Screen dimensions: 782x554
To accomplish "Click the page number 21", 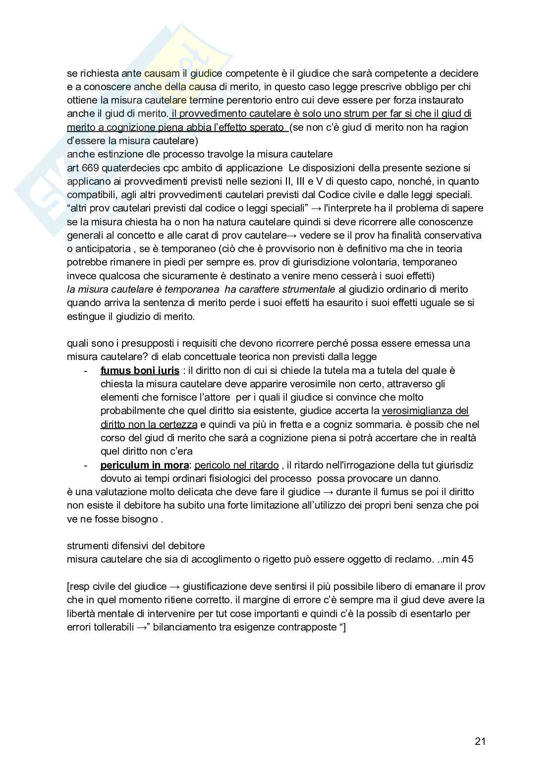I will point(480,741).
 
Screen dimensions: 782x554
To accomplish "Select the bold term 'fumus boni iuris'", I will point(140,370).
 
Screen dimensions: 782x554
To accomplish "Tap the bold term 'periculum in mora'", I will point(144,465).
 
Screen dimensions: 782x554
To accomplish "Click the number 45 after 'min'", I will point(467,559).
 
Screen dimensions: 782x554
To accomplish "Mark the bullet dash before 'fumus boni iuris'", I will point(87,370).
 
